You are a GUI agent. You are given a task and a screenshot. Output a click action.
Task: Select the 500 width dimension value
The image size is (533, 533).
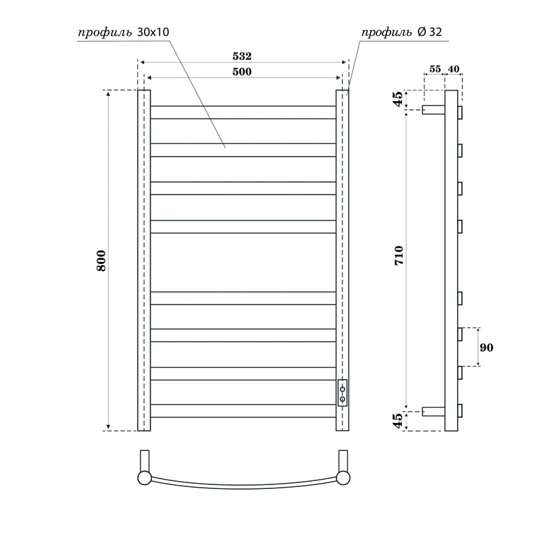(242, 72)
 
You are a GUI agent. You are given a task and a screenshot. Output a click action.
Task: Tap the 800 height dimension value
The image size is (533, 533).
(101, 261)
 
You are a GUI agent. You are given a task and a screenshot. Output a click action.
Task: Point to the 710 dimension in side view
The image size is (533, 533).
(399, 257)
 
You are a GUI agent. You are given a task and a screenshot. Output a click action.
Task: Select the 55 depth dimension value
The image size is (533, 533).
(435, 69)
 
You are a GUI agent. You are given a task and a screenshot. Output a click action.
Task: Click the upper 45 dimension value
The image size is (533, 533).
(398, 99)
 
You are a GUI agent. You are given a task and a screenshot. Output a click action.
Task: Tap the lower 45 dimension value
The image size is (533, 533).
(398, 421)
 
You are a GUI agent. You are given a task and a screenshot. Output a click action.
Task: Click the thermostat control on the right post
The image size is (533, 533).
(342, 393)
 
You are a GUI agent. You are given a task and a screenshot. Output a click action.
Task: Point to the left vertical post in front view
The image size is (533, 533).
(144, 261)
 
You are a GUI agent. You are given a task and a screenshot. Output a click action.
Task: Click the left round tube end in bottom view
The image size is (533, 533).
(144, 477)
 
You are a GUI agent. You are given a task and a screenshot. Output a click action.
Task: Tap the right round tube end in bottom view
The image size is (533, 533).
(344, 477)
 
